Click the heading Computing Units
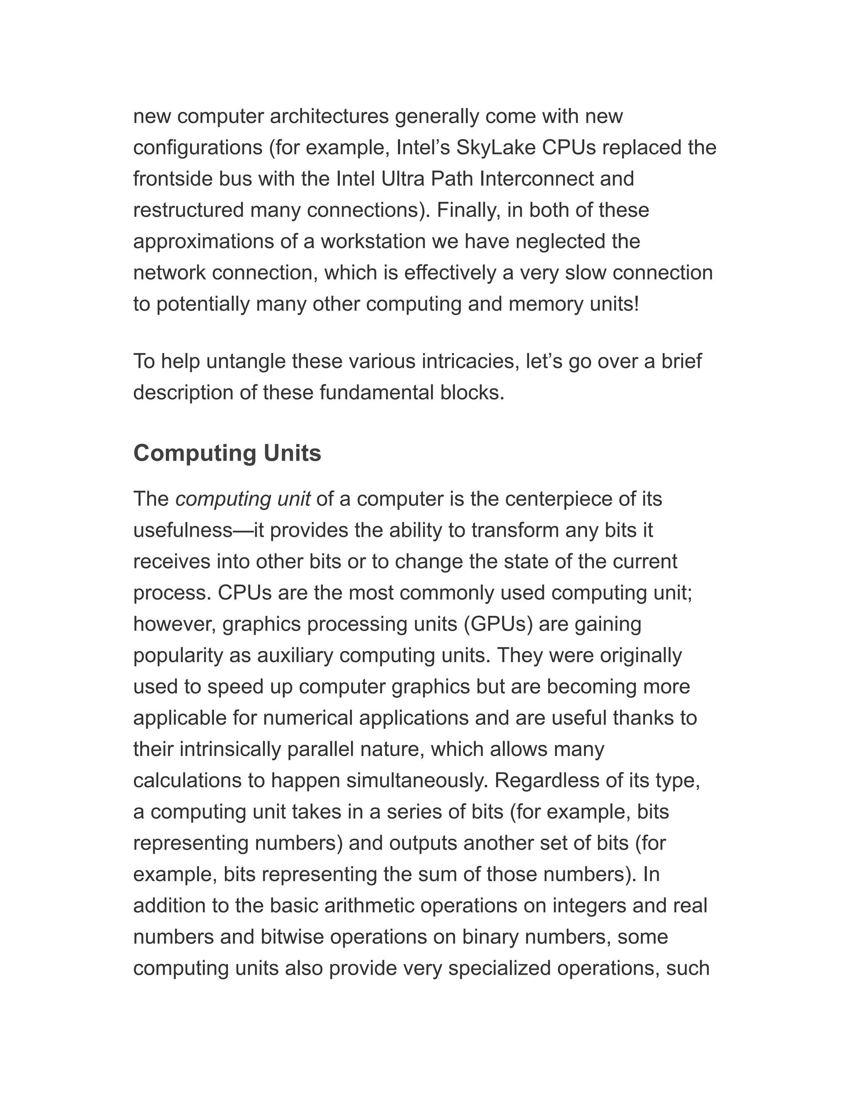tap(227, 453)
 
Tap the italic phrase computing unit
tap(243, 499)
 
